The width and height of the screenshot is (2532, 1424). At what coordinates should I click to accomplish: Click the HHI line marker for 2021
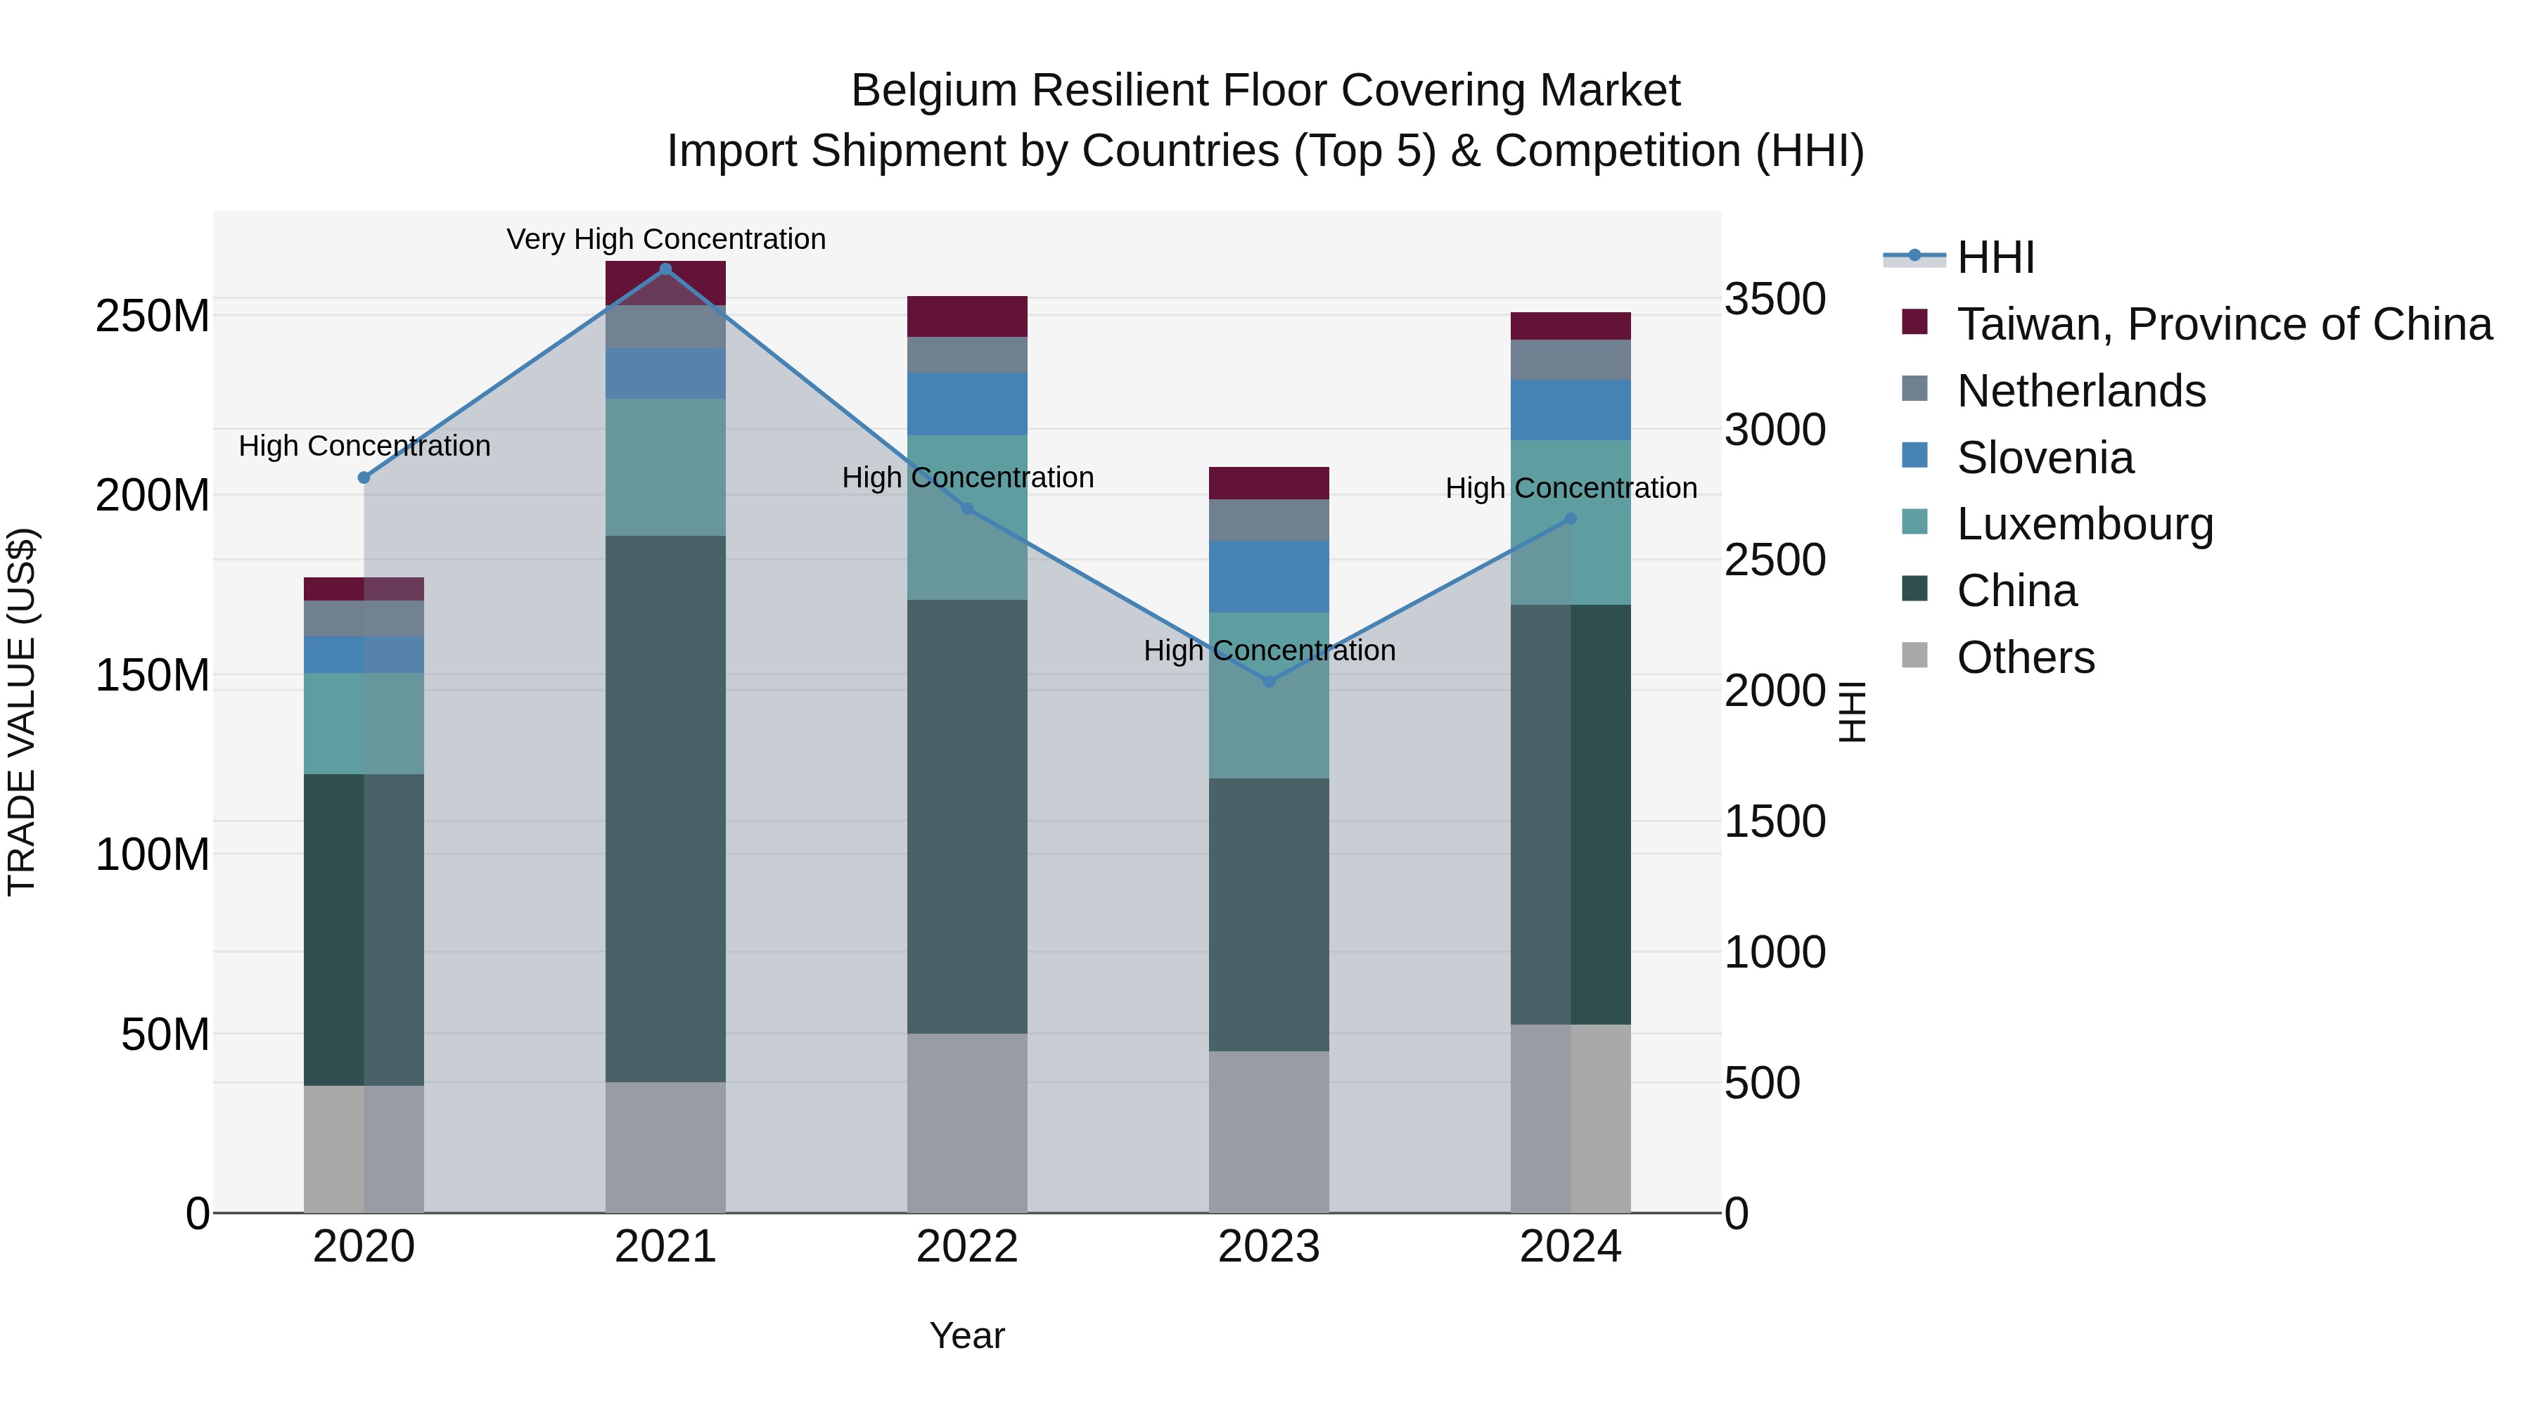[x=665, y=269]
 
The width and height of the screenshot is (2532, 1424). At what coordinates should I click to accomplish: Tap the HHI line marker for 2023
[x=1268, y=681]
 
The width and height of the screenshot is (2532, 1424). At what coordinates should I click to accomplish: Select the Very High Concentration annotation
[x=665, y=239]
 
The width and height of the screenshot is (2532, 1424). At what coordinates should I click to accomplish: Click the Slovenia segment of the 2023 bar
[x=1268, y=576]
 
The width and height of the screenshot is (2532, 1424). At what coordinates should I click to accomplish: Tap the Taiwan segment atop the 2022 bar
[x=966, y=316]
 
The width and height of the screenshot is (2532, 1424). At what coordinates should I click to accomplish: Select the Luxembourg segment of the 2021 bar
[x=665, y=467]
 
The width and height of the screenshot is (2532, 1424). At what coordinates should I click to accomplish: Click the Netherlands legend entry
[x=2081, y=391]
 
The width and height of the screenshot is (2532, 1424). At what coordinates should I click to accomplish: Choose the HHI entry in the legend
[x=1995, y=257]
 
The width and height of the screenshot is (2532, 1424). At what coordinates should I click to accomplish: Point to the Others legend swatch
[x=1914, y=655]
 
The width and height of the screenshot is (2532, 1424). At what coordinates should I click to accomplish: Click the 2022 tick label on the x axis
[x=966, y=1247]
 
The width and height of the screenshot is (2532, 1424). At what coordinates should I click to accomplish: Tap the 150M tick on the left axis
[x=153, y=675]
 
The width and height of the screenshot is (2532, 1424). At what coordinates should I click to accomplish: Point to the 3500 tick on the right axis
[x=1775, y=299]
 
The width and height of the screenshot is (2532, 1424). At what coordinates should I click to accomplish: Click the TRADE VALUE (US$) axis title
[x=22, y=712]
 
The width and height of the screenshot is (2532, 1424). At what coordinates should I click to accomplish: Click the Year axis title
[x=966, y=1335]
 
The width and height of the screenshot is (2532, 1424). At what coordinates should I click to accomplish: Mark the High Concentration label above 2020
[x=364, y=446]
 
